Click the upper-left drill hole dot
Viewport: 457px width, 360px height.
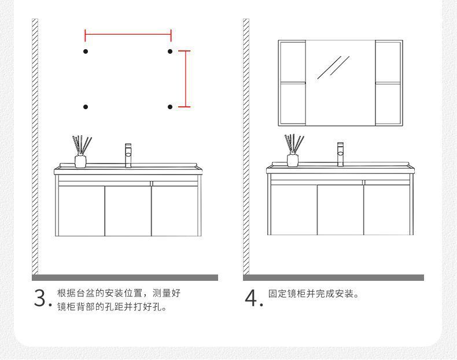(86, 52)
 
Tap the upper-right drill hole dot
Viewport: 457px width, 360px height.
(170, 52)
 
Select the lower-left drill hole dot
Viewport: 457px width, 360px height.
(86, 107)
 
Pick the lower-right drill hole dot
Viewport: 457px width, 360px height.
(170, 107)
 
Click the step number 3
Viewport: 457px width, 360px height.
(39, 299)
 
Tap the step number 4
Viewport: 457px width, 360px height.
(252, 299)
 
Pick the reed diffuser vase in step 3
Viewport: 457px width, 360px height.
(80, 160)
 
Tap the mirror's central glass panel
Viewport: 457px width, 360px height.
(340, 83)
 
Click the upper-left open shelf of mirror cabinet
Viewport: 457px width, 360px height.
(292, 61)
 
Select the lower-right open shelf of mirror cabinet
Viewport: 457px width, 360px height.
(388, 104)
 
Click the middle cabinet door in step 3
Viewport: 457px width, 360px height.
(128, 210)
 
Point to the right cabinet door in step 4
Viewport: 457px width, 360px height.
(387, 210)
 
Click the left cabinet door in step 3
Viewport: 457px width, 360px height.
(81, 210)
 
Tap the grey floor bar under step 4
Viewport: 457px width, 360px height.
(334, 278)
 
